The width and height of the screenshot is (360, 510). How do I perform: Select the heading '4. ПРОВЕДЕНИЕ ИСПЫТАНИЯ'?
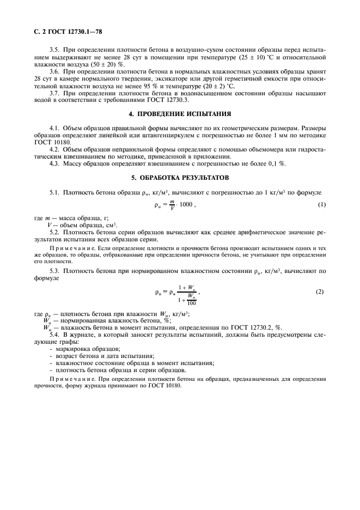click(180, 115)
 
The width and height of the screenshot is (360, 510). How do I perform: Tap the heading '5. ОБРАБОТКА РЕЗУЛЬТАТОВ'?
click(180, 178)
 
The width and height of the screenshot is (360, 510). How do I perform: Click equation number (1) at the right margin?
click(321, 204)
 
